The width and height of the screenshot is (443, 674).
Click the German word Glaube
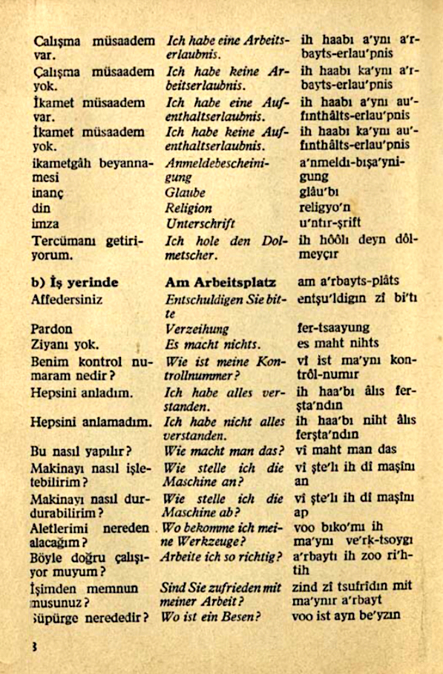185,193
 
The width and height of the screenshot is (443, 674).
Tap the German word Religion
189,209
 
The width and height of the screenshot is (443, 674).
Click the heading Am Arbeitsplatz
221,283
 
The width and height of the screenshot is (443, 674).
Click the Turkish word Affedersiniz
68,300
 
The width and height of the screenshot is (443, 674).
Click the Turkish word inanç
47,193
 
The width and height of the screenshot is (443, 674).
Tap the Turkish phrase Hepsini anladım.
82,393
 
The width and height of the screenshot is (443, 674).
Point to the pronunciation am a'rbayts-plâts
347,281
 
